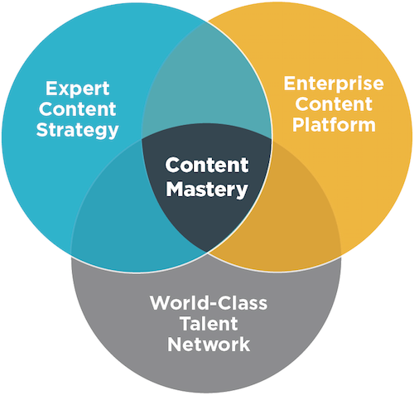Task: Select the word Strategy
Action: [78, 131]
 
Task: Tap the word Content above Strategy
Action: [78, 108]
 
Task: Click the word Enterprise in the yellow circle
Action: [334, 84]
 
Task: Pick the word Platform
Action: [334, 125]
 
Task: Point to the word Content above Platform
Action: [334, 104]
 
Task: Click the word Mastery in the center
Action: [207, 190]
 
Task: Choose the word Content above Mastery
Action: [207, 165]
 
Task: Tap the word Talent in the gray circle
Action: [209, 324]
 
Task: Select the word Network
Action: [209, 344]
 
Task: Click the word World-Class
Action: [209, 303]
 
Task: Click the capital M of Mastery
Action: [175, 189]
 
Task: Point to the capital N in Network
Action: [174, 344]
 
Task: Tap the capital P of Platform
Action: [298, 125]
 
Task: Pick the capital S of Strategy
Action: [42, 129]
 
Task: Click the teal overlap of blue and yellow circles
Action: [207, 83]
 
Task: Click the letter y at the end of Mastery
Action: [243, 191]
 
